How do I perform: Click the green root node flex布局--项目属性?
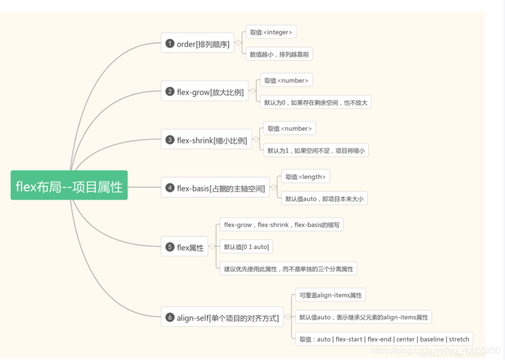(x=69, y=185)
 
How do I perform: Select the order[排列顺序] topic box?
(x=197, y=43)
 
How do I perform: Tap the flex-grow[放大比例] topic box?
(x=204, y=92)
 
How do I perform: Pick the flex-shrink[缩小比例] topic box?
(x=206, y=140)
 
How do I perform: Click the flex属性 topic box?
(x=184, y=247)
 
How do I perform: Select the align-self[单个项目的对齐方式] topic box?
(x=222, y=317)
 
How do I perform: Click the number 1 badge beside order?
(x=169, y=43)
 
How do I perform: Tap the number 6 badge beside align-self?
(x=169, y=317)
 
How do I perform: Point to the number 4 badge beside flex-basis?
(x=169, y=187)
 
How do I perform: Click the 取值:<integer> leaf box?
(x=271, y=32)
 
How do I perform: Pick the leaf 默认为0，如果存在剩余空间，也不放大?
(x=315, y=102)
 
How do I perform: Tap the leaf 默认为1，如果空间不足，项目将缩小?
(x=316, y=150)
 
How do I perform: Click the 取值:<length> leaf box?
(x=305, y=177)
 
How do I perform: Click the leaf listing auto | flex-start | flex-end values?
(x=384, y=339)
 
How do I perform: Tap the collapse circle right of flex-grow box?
(x=252, y=92)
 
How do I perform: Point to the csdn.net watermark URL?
(x=435, y=350)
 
